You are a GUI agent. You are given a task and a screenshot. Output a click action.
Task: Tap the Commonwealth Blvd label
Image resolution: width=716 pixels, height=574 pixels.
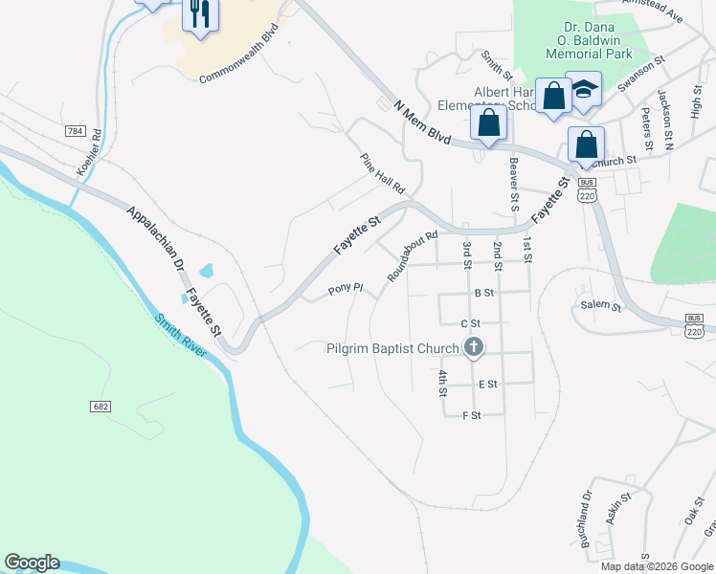point(244,63)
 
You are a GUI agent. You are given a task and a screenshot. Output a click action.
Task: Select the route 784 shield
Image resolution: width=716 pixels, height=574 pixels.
point(74,130)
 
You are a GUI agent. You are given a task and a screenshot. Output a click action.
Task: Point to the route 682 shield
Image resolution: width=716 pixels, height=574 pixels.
point(101,407)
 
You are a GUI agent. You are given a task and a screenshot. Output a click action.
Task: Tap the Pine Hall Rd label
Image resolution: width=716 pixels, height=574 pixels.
point(383,173)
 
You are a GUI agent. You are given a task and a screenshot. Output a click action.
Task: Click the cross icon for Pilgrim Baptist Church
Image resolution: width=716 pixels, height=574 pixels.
point(472,348)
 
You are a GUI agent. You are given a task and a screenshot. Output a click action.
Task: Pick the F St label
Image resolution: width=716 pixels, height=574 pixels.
point(471,415)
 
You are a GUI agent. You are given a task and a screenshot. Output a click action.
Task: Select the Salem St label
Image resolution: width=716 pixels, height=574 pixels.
point(601,307)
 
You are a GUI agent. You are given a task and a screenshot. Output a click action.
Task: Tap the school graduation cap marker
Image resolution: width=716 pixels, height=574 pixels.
point(583,91)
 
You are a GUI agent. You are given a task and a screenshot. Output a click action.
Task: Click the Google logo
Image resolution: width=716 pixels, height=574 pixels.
point(32,563)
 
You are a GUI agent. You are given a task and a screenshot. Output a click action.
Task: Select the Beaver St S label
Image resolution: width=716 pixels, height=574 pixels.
point(514,183)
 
